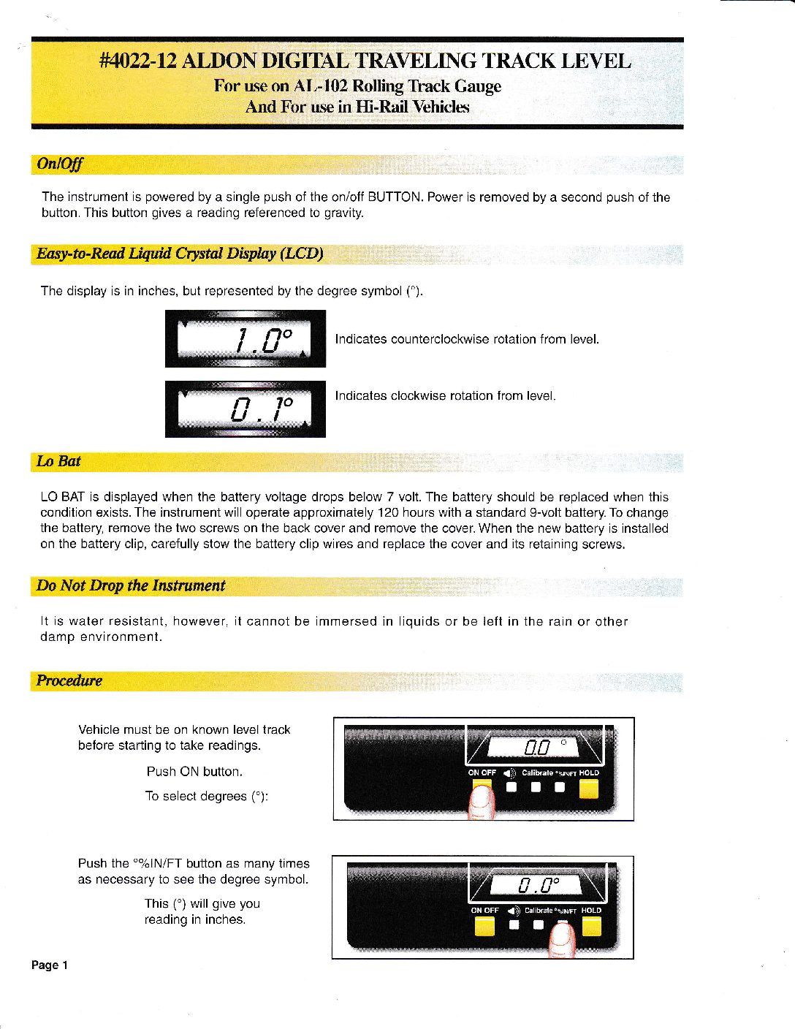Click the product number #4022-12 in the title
(137, 61)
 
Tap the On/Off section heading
(59, 164)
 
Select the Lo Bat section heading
(58, 461)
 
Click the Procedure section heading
(69, 681)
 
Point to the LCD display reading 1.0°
(245, 339)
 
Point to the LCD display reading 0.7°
(245, 409)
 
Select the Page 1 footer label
(50, 965)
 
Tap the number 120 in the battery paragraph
(388, 513)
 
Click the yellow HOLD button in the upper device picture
(588, 789)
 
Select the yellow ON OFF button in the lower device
(484, 926)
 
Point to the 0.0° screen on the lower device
(537, 886)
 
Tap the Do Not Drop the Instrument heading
(131, 586)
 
